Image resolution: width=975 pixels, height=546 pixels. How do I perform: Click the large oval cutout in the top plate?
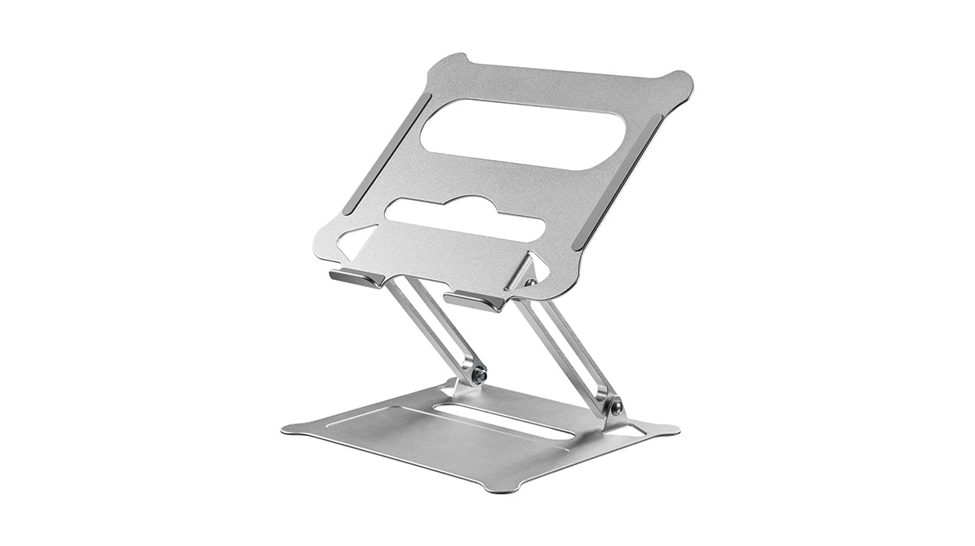tap(523, 133)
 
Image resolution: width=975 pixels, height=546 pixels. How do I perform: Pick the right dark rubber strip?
tap(618, 182)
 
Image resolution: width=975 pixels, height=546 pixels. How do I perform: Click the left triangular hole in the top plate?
tap(356, 241)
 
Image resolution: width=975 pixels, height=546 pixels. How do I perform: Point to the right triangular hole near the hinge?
tap(536, 270)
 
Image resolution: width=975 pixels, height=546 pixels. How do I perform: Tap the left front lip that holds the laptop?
tap(355, 278)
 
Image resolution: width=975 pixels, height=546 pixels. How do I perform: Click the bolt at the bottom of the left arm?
tap(480, 375)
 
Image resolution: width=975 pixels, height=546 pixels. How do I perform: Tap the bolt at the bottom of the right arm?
tap(616, 407)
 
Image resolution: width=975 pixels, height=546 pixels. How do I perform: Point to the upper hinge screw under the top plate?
tap(530, 283)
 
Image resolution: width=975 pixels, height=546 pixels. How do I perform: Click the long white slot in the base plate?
tap(503, 421)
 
